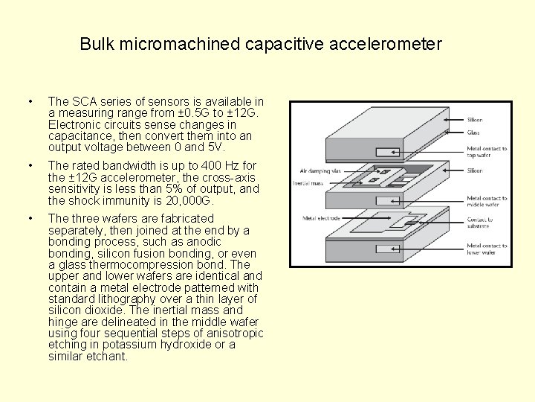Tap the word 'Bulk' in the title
point(95,44)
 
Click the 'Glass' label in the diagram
point(474,133)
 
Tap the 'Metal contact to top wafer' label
point(487,152)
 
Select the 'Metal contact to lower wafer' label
point(487,249)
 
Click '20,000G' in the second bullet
point(189,200)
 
